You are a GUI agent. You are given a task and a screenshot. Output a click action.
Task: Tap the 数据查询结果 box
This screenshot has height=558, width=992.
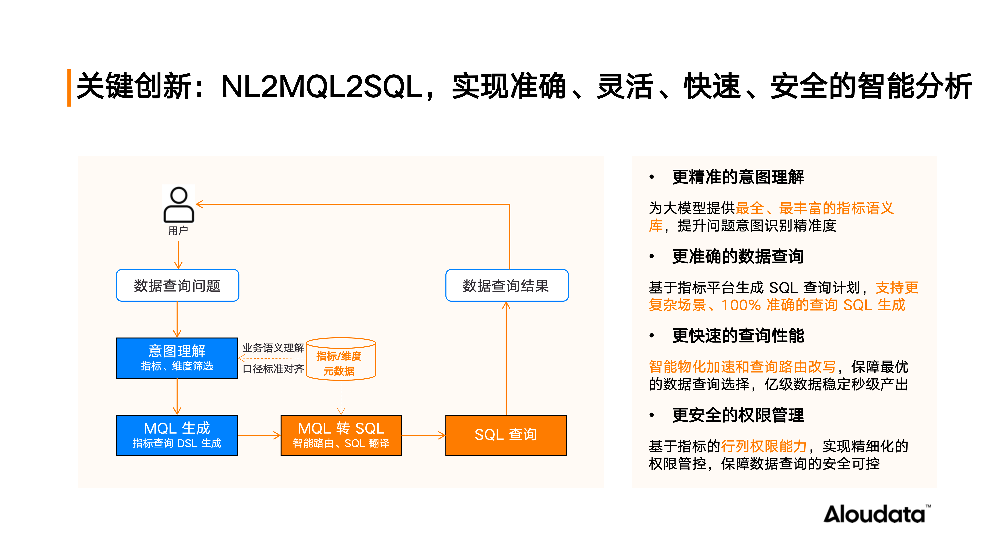[506, 285]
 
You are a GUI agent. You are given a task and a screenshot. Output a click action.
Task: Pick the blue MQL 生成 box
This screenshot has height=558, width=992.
[177, 435]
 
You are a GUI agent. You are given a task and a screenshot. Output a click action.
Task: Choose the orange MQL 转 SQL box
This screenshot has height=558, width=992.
[341, 435]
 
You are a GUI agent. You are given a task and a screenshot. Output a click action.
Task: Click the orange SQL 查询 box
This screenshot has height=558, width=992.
[506, 435]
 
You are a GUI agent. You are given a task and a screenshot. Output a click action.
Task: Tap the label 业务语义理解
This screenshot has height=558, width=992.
[273, 348]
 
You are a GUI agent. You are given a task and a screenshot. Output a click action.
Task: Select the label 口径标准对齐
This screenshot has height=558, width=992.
[273, 369]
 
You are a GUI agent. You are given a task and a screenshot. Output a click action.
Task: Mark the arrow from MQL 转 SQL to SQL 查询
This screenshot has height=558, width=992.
[423, 436]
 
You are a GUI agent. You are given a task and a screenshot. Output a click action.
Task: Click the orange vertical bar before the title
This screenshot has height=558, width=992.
[69, 88]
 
